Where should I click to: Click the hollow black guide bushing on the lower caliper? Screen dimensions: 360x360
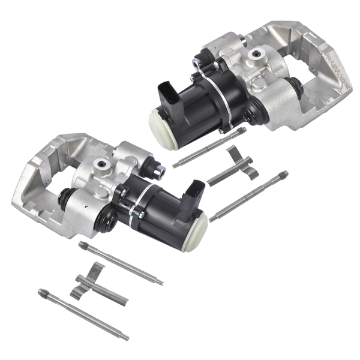(109, 222)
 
